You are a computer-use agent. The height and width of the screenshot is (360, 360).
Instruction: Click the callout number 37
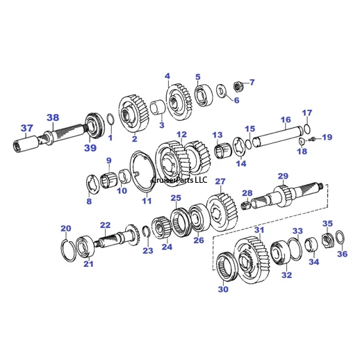coord(26,128)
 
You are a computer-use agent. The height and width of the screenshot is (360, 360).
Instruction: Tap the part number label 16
coord(286,120)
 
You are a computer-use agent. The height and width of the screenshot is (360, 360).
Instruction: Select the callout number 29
coord(283,176)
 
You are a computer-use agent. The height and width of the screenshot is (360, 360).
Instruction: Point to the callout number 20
coord(65,229)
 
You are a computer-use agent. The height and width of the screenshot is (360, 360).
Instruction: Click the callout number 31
coord(259,229)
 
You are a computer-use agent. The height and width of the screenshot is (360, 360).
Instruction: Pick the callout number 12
coord(181,135)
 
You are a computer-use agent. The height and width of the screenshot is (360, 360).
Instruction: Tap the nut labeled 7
coord(237,87)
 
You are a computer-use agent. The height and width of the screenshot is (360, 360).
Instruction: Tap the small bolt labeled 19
coord(311,139)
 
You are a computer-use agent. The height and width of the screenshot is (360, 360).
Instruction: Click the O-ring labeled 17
coord(306,128)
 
